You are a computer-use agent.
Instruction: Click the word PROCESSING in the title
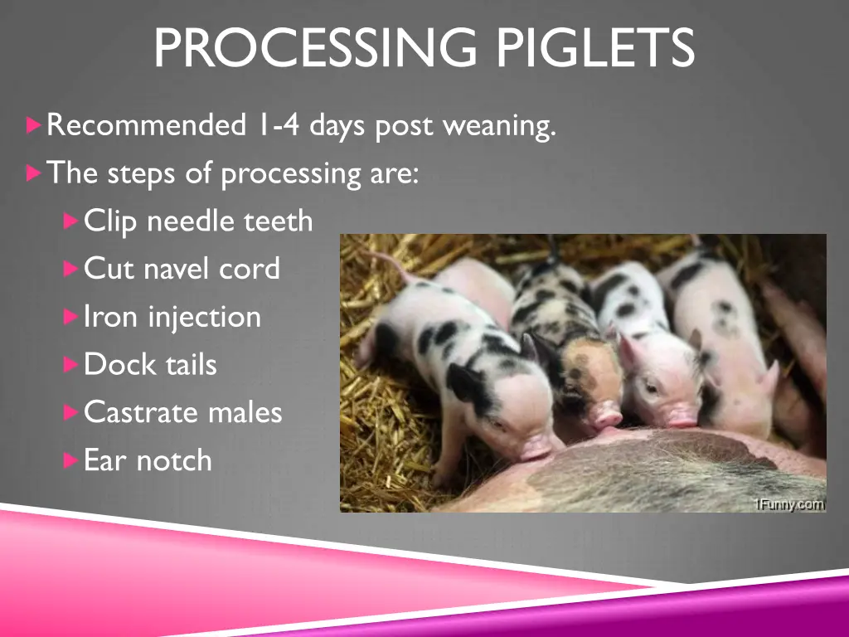pyautogui.click(x=315, y=48)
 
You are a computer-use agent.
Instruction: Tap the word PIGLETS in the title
pyautogui.click(x=595, y=48)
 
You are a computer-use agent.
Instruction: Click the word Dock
pyautogui.click(x=116, y=364)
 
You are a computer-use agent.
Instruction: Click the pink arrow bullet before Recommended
pyautogui.click(x=33, y=126)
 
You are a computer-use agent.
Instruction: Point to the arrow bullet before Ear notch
pyautogui.click(x=70, y=460)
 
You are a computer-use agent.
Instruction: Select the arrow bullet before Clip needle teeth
pyautogui.click(x=70, y=221)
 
